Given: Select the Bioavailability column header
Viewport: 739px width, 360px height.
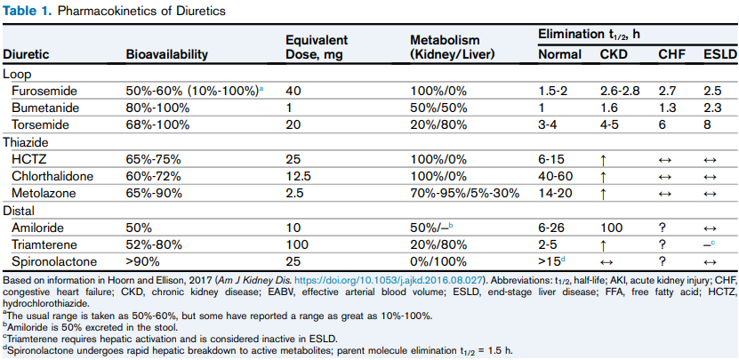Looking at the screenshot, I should pos(167,55).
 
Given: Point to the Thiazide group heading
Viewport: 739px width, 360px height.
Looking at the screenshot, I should pos(26,142).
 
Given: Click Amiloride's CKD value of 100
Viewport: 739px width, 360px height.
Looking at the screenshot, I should pos(611,228).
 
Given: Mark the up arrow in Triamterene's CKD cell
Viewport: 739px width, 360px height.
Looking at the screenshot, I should pos(605,244).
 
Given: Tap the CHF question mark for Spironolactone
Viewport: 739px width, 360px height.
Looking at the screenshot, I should pos(662,261).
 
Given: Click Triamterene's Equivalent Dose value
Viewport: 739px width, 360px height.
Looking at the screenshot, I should pos(296,244).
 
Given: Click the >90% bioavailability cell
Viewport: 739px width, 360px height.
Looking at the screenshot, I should pos(142,261).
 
